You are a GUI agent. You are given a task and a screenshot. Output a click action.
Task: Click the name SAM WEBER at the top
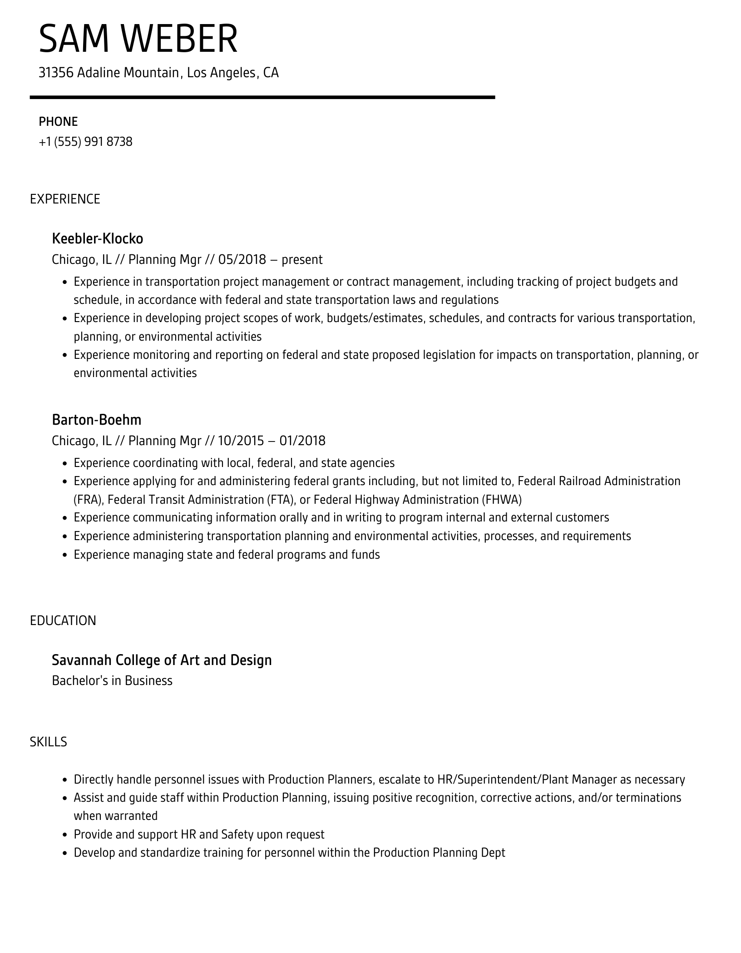(138, 39)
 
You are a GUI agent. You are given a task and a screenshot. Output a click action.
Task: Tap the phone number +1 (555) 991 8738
(85, 142)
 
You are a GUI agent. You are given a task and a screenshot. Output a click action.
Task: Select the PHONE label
(58, 122)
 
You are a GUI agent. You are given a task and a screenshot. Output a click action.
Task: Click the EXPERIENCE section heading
(65, 199)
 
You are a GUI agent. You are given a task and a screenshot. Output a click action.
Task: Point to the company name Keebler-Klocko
(97, 238)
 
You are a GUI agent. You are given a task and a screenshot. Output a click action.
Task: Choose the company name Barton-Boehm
(96, 420)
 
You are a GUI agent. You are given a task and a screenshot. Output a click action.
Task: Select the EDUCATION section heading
(63, 620)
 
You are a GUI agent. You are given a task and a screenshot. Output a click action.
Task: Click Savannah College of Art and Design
(162, 660)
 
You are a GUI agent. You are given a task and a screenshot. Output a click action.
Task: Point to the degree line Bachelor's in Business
(112, 680)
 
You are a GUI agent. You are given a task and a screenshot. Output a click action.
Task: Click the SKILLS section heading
(48, 742)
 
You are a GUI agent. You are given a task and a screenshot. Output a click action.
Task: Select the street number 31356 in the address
(56, 73)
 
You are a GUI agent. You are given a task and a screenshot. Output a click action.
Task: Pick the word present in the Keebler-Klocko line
(302, 260)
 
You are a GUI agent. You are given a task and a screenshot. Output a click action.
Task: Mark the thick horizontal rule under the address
(262, 97)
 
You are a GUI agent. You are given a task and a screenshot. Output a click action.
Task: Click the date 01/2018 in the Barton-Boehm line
(302, 441)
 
